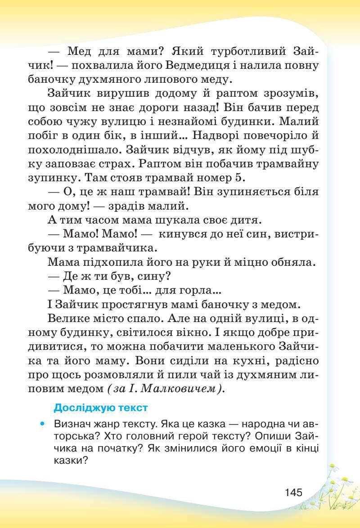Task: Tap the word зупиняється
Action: [x=240, y=192]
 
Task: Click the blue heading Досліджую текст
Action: [x=100, y=408]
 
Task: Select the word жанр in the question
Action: [x=103, y=424]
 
